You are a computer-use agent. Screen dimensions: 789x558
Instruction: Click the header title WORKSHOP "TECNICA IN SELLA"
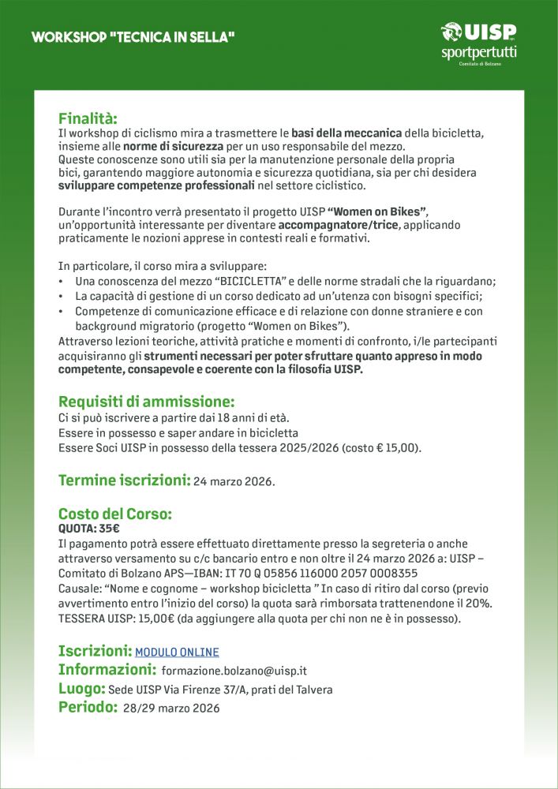point(133,37)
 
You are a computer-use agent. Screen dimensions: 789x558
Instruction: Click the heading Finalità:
point(88,118)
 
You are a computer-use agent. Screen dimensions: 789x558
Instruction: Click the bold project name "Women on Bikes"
point(377,211)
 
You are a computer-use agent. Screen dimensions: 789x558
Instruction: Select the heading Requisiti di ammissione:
point(147,401)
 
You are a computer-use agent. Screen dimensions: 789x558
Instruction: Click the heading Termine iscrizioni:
point(124,480)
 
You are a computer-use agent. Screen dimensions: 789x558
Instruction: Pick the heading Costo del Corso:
point(115,514)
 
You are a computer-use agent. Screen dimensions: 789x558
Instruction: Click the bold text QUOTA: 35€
point(89,529)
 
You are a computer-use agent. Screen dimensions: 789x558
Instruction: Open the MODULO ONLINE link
point(177,653)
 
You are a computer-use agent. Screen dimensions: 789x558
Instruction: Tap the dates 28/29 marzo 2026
point(171,709)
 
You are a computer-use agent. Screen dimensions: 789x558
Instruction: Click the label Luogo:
point(81,689)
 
